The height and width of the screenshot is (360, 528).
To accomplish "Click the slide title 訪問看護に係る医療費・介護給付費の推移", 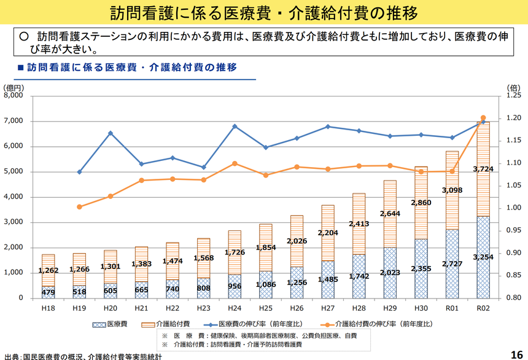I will (x=264, y=12).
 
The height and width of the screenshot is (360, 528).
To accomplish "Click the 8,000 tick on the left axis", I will (x=14, y=96).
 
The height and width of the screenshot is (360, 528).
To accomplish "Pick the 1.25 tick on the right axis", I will (x=513, y=96).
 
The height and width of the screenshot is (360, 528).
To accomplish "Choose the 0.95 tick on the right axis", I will (x=513, y=230).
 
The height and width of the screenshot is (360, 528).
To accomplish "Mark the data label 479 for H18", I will (x=49, y=292).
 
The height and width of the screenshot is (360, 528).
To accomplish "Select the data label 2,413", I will (x=359, y=224).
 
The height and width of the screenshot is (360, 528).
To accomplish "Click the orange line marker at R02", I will (x=483, y=118).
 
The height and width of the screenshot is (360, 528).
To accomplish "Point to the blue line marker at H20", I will (x=111, y=133).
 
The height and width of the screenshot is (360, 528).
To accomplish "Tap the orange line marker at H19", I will (x=79, y=206).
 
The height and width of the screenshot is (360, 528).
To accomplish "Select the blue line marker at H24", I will (x=235, y=126).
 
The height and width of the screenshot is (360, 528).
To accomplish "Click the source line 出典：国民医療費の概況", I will (x=83, y=356).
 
